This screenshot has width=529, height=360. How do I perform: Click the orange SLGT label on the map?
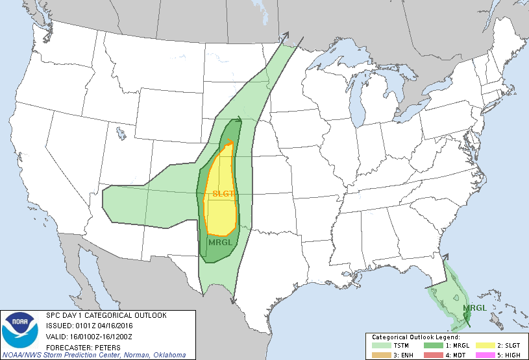[223, 193]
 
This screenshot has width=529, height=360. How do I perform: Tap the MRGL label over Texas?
[220, 243]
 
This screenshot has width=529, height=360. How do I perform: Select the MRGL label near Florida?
[473, 307]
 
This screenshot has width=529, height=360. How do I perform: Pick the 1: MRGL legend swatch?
[430, 346]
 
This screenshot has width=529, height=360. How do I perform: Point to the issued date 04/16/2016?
[116, 326]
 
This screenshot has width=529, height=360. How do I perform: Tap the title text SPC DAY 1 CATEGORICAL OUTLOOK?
[106, 315]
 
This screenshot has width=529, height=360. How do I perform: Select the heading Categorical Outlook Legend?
[415, 337]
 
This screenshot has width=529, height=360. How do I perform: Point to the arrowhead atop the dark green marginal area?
[238, 119]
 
